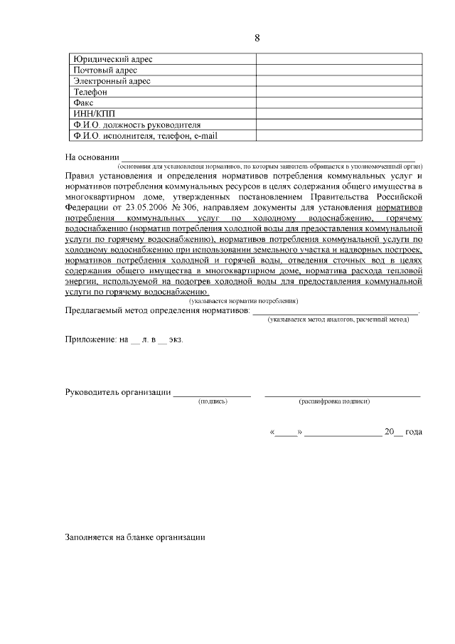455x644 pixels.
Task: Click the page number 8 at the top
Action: click(x=257, y=38)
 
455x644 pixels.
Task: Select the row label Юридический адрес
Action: click(x=113, y=59)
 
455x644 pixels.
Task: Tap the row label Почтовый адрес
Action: click(x=105, y=70)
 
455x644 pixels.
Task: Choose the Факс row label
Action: click(x=83, y=102)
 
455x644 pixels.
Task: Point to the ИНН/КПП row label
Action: click(x=94, y=113)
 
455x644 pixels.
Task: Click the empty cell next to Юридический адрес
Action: click(x=339, y=59)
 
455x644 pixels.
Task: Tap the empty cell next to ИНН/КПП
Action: click(x=339, y=113)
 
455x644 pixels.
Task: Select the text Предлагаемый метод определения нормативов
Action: click(x=157, y=312)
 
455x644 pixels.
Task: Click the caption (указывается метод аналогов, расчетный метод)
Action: click(x=338, y=321)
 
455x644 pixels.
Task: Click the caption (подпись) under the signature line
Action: click(x=213, y=402)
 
